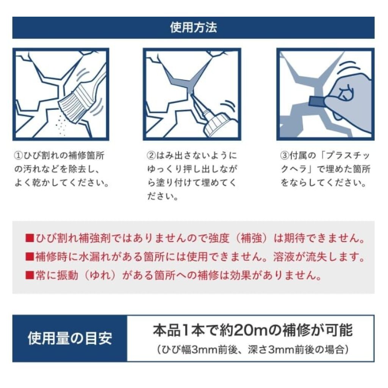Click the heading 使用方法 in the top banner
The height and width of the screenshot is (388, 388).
193,27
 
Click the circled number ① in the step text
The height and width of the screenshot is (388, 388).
19,156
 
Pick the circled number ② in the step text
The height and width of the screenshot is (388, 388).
151,156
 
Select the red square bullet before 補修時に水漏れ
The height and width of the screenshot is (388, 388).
30,257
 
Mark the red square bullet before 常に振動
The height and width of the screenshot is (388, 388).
30,275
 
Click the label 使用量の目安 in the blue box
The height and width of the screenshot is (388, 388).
70,338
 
